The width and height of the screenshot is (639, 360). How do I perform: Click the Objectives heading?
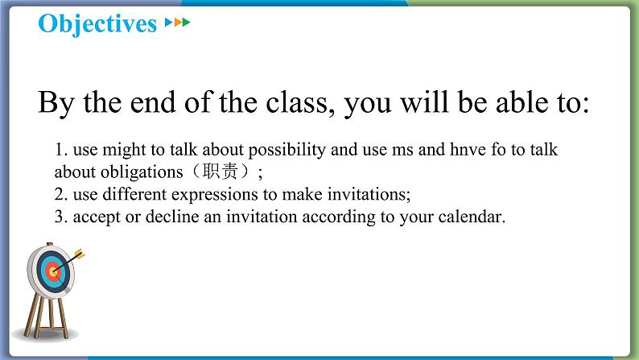(x=97, y=23)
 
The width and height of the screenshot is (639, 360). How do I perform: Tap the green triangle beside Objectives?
(x=186, y=22)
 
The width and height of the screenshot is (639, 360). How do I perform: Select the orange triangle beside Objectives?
(x=178, y=22)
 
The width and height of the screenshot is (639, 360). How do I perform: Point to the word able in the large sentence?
(x=522, y=102)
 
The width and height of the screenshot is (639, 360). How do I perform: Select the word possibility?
(x=287, y=151)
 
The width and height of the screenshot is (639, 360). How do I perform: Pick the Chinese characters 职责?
(x=220, y=172)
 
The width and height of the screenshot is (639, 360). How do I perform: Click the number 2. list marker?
(x=61, y=194)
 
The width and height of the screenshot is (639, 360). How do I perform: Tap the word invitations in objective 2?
(x=369, y=194)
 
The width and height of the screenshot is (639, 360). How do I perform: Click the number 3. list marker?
(x=61, y=217)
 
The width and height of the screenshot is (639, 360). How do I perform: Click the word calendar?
(x=472, y=217)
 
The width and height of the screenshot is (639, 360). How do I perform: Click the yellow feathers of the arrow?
(x=80, y=254)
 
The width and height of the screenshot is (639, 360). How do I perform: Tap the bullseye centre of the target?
(x=52, y=271)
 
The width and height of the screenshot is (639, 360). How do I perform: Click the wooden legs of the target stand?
(x=46, y=317)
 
